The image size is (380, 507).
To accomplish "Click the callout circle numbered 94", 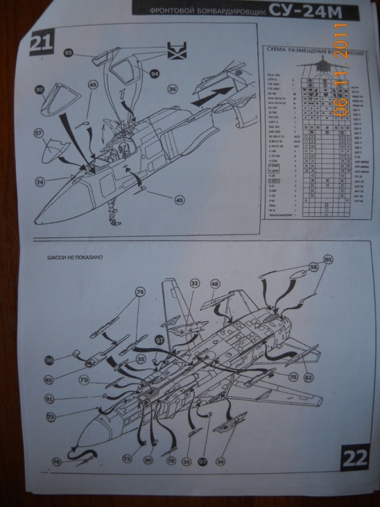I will click(154, 73).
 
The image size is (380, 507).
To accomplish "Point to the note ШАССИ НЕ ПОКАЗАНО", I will click(73, 259).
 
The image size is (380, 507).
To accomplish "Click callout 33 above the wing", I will click(194, 283).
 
